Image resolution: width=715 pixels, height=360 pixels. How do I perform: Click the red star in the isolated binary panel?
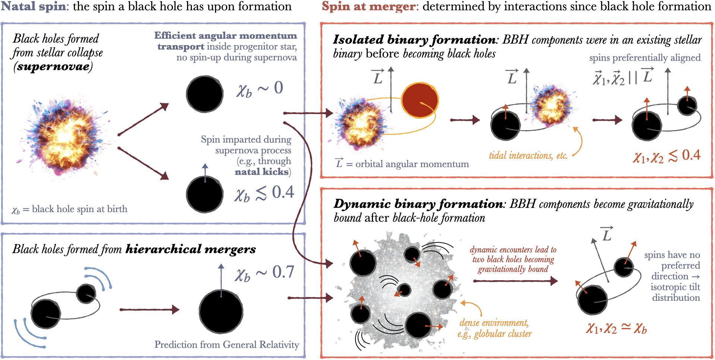(x=420, y=100)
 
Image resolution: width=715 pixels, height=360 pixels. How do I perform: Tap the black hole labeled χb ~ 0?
(x=205, y=94)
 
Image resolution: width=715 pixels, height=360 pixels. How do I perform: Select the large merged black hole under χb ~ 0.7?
(x=221, y=312)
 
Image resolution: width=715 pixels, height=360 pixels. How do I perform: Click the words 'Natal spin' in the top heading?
(x=34, y=6)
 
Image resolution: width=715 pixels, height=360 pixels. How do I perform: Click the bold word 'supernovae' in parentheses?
(x=53, y=66)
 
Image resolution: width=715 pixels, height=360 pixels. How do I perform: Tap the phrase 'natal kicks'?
(x=262, y=172)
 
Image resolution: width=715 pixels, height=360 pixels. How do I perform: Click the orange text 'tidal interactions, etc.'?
(x=528, y=155)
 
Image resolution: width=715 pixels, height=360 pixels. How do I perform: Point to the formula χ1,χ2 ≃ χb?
(x=616, y=328)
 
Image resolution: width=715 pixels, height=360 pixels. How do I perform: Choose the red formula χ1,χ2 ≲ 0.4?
(x=667, y=156)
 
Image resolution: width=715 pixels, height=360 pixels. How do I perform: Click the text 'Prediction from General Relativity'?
(x=227, y=344)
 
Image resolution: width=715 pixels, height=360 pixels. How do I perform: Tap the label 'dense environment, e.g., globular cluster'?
(x=494, y=328)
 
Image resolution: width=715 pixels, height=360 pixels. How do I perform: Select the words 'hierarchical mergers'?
(x=190, y=249)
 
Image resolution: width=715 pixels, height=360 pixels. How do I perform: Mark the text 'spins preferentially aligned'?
(x=645, y=58)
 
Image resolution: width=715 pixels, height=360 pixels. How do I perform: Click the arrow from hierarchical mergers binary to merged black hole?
(x=149, y=309)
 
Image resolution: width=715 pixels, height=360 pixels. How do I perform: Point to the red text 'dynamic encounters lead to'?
(x=513, y=250)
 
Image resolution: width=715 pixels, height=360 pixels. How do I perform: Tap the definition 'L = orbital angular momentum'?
(x=402, y=164)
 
